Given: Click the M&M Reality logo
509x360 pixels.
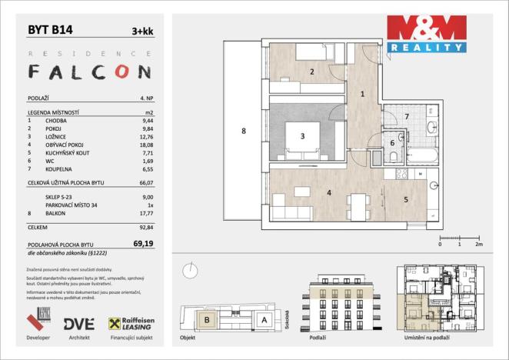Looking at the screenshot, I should click(x=426, y=35).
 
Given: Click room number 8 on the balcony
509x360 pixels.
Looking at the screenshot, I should click(x=243, y=132).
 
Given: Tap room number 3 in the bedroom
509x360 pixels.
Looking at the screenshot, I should click(x=303, y=137).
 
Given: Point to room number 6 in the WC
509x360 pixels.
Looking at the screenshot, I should click(x=392, y=142).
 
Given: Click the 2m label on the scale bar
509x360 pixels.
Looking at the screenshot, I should click(x=478, y=244).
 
